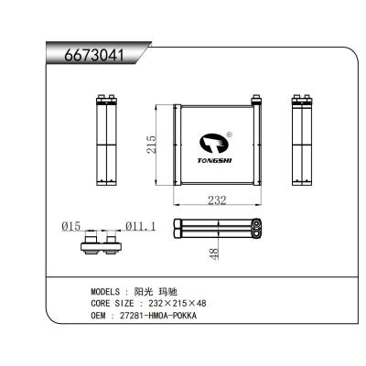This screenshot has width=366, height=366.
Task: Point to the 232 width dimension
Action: [216, 199]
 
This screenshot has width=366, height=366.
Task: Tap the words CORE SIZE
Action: [113, 302]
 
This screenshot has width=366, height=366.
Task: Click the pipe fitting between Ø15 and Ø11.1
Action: [102, 242]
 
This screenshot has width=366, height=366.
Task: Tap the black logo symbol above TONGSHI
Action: [213, 142]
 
